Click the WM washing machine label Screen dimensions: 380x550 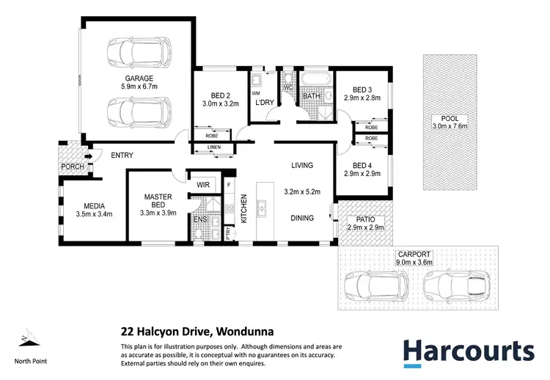point(255,94)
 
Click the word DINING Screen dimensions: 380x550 point(301,217)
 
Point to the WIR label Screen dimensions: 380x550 point(200,185)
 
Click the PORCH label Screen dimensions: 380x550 point(73,167)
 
